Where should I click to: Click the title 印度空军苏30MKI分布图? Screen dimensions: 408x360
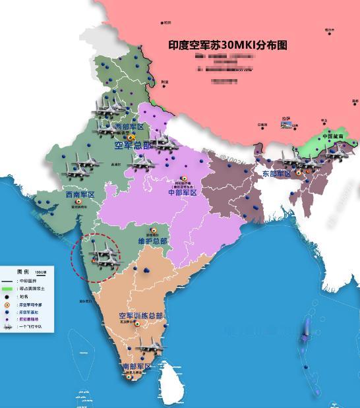pyautogui.click(x=228, y=45)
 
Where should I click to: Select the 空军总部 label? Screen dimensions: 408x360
pyautogui.click(x=133, y=146)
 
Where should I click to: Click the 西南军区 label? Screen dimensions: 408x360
pyautogui.click(x=80, y=195)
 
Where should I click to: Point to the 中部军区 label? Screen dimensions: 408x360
pyautogui.click(x=183, y=193)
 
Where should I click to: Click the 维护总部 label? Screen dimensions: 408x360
pyautogui.click(x=152, y=241)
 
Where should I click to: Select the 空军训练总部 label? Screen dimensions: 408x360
pyautogui.click(x=140, y=316)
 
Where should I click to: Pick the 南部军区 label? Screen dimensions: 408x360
pyautogui.click(x=136, y=366)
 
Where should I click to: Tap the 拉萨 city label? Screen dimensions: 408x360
pyautogui.click(x=285, y=119)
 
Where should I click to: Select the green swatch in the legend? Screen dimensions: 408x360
pyautogui.click(x=7, y=288)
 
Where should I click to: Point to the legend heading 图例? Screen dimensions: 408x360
pyautogui.click(x=22, y=272)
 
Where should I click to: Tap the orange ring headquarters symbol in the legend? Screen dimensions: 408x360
pyautogui.click(x=7, y=306)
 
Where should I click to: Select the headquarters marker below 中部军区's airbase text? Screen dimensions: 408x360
pyautogui.click(x=183, y=178)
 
